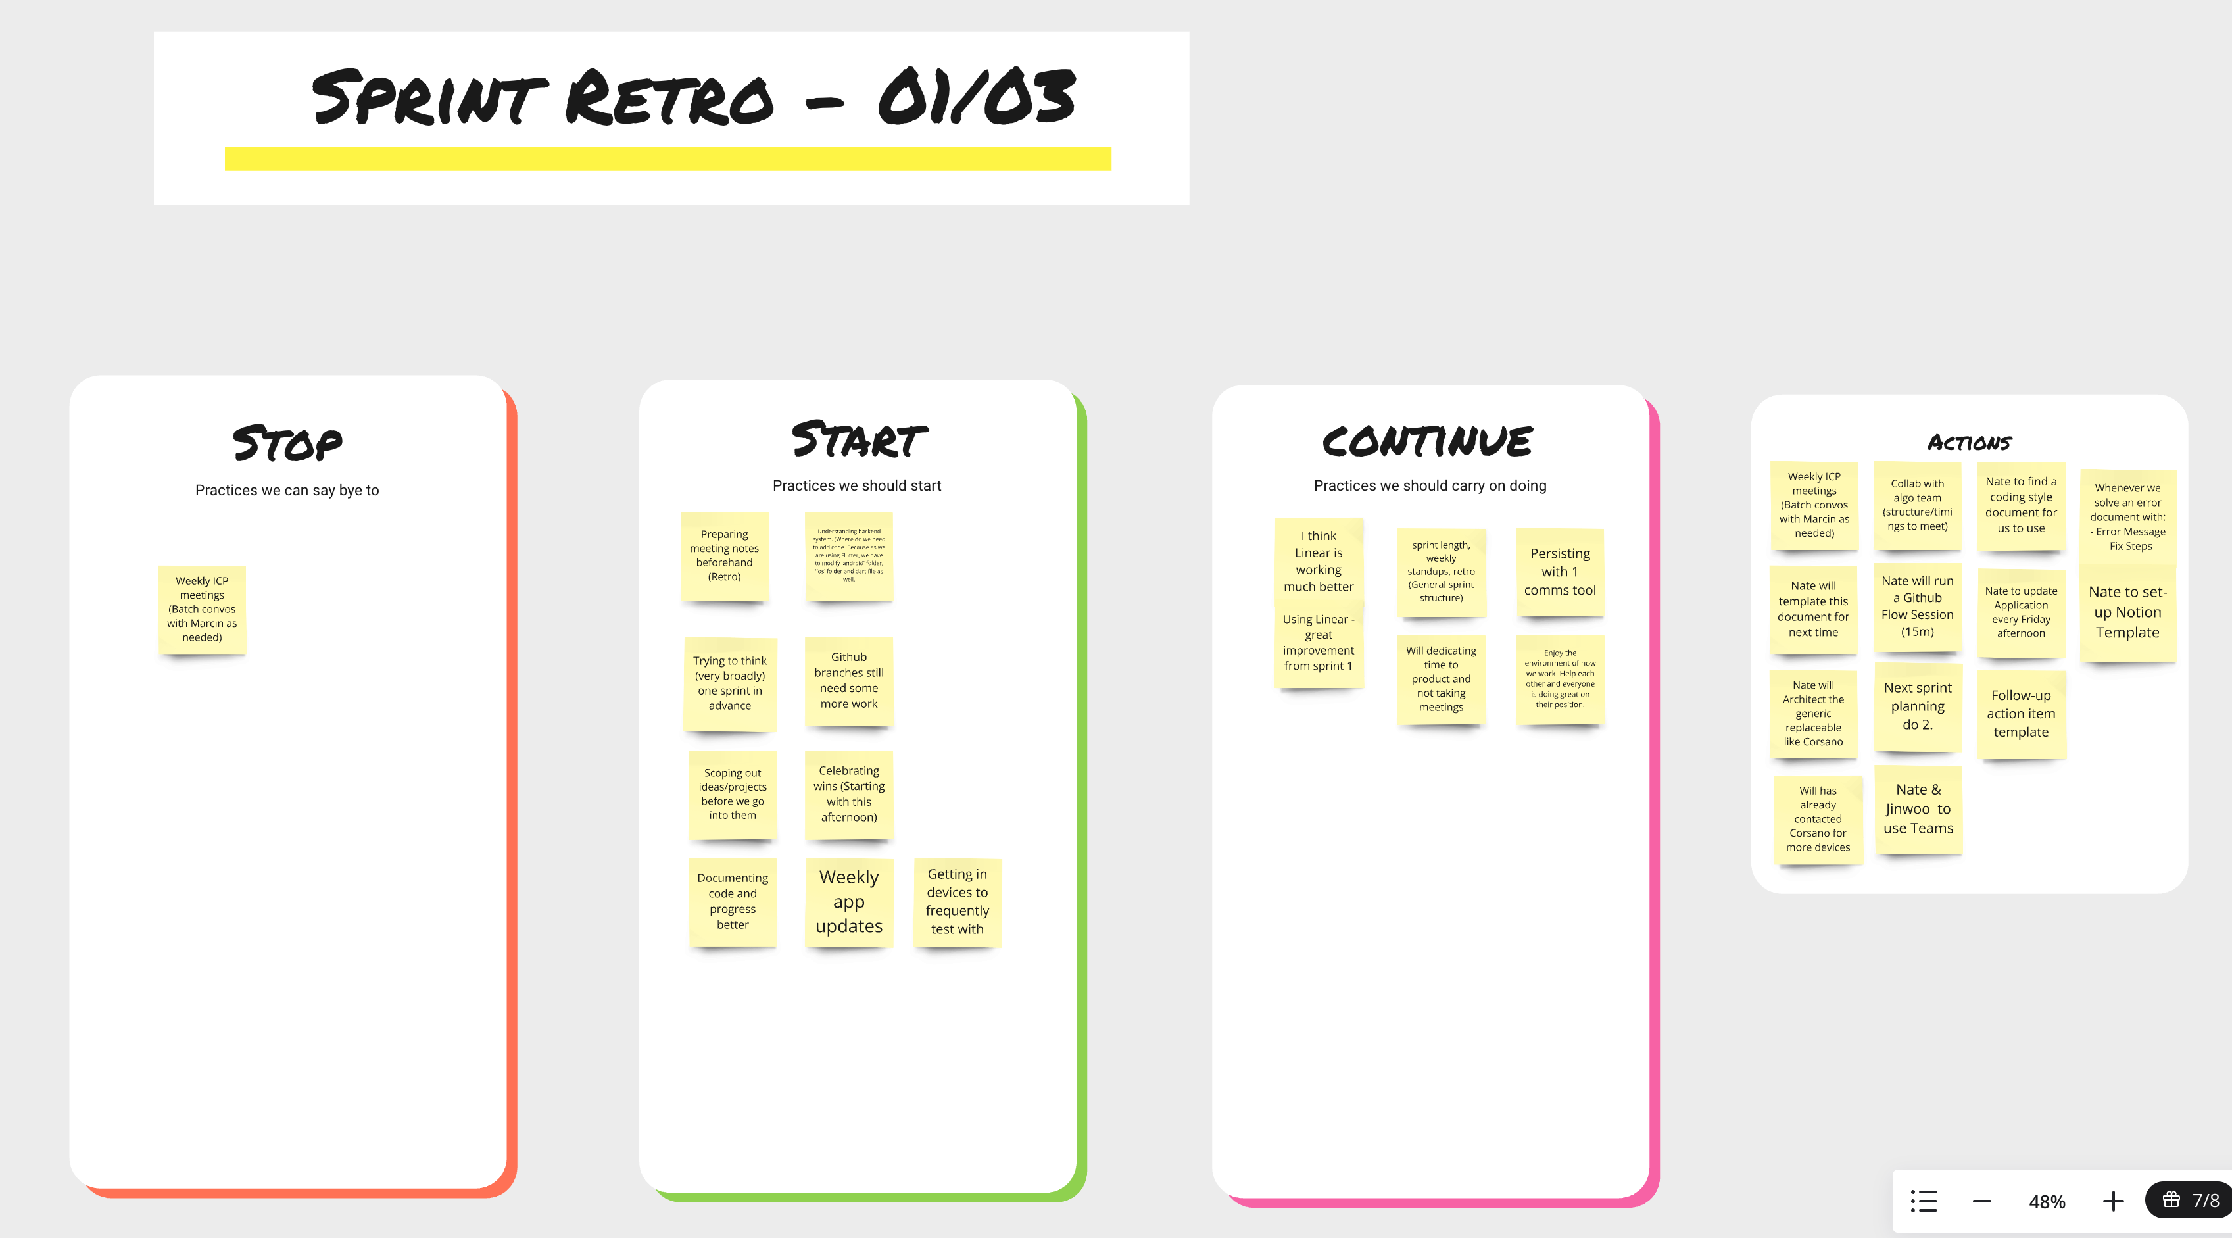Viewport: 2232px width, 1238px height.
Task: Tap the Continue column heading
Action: coord(1427,441)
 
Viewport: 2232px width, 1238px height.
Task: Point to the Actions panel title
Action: coord(1968,443)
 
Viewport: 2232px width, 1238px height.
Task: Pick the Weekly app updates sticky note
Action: coord(849,902)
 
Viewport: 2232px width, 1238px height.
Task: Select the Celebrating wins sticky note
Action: coord(849,793)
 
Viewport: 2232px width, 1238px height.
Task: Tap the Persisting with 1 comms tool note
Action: coord(1560,572)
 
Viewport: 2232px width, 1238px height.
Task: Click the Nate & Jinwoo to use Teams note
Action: coord(1918,809)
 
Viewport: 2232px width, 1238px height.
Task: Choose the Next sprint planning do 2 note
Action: coord(1918,706)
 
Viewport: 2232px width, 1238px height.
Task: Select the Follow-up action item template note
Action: coord(2021,714)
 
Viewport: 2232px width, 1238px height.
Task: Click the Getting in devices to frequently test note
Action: coord(958,902)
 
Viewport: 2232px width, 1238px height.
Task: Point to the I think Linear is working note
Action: coord(1319,561)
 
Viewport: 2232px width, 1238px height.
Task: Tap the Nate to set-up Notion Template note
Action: coord(2127,612)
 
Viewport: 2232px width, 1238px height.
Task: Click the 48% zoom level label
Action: coord(2047,1202)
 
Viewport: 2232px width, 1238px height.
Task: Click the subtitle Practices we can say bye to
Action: coord(287,490)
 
